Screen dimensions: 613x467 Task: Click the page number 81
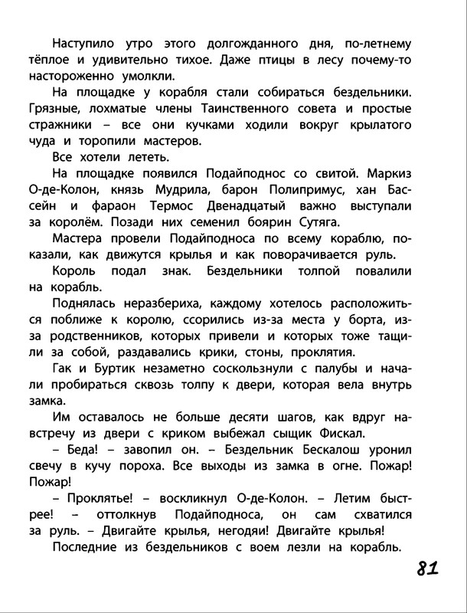point(427,570)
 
